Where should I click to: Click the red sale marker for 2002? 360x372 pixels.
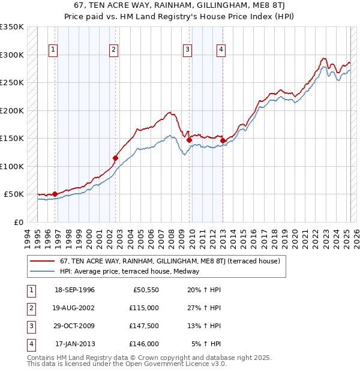pyautogui.click(x=116, y=158)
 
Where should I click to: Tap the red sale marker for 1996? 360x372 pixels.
pyautogui.click(x=55, y=194)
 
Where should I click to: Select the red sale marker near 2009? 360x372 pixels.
pyautogui.click(x=190, y=140)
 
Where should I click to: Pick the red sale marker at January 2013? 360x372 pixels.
pyautogui.click(x=223, y=141)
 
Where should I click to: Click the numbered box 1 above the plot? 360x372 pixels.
pyautogui.click(x=53, y=50)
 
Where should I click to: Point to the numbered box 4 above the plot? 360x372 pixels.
pyautogui.click(x=221, y=50)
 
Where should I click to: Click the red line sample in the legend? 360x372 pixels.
pyautogui.click(x=43, y=261)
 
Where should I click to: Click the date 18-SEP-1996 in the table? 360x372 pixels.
pyautogui.click(x=74, y=290)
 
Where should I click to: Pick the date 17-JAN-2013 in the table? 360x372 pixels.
pyautogui.click(x=75, y=344)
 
